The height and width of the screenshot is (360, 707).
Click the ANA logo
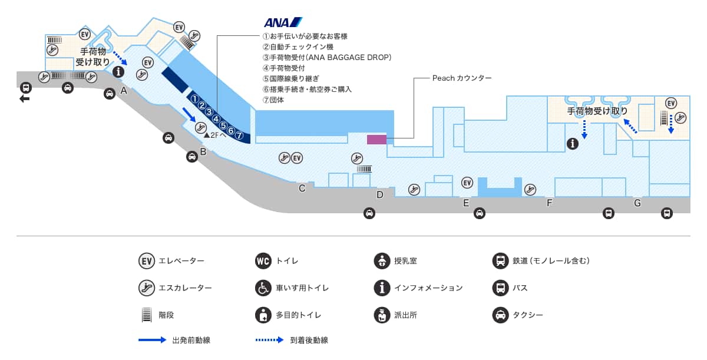point(283,22)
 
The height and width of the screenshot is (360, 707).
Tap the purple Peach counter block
point(376,140)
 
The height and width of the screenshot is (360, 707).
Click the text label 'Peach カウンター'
point(461,78)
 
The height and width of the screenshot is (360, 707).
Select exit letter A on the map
point(124,91)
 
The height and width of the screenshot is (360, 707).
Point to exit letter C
point(302,189)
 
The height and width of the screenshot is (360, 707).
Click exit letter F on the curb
point(549,203)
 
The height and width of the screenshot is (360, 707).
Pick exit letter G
point(637,203)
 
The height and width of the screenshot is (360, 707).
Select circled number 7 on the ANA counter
point(239,134)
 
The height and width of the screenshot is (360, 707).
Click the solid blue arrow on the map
point(190,114)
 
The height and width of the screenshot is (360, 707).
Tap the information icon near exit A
point(118,72)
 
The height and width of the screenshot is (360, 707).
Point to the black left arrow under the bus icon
point(25,99)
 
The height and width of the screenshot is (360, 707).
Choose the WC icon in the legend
point(263,260)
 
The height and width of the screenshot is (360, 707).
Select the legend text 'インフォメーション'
point(428,288)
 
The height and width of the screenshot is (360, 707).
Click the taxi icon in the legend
point(500,315)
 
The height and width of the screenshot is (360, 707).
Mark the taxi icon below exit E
point(480,213)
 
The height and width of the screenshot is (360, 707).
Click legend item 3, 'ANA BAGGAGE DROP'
point(327,58)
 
